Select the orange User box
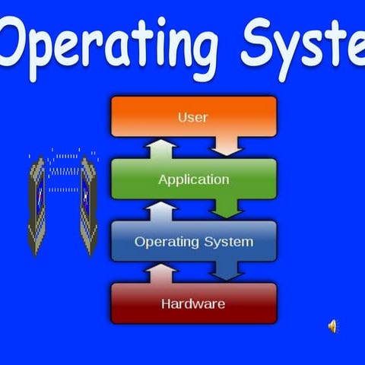(193, 116)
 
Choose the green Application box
(193, 179)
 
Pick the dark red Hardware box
(193, 303)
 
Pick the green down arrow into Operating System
(227, 207)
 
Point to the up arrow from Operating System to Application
(163, 209)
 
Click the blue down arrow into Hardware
(227, 270)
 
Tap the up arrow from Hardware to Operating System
(163, 271)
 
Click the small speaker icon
(332, 326)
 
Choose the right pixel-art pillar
(90, 204)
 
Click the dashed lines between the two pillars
(64, 172)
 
